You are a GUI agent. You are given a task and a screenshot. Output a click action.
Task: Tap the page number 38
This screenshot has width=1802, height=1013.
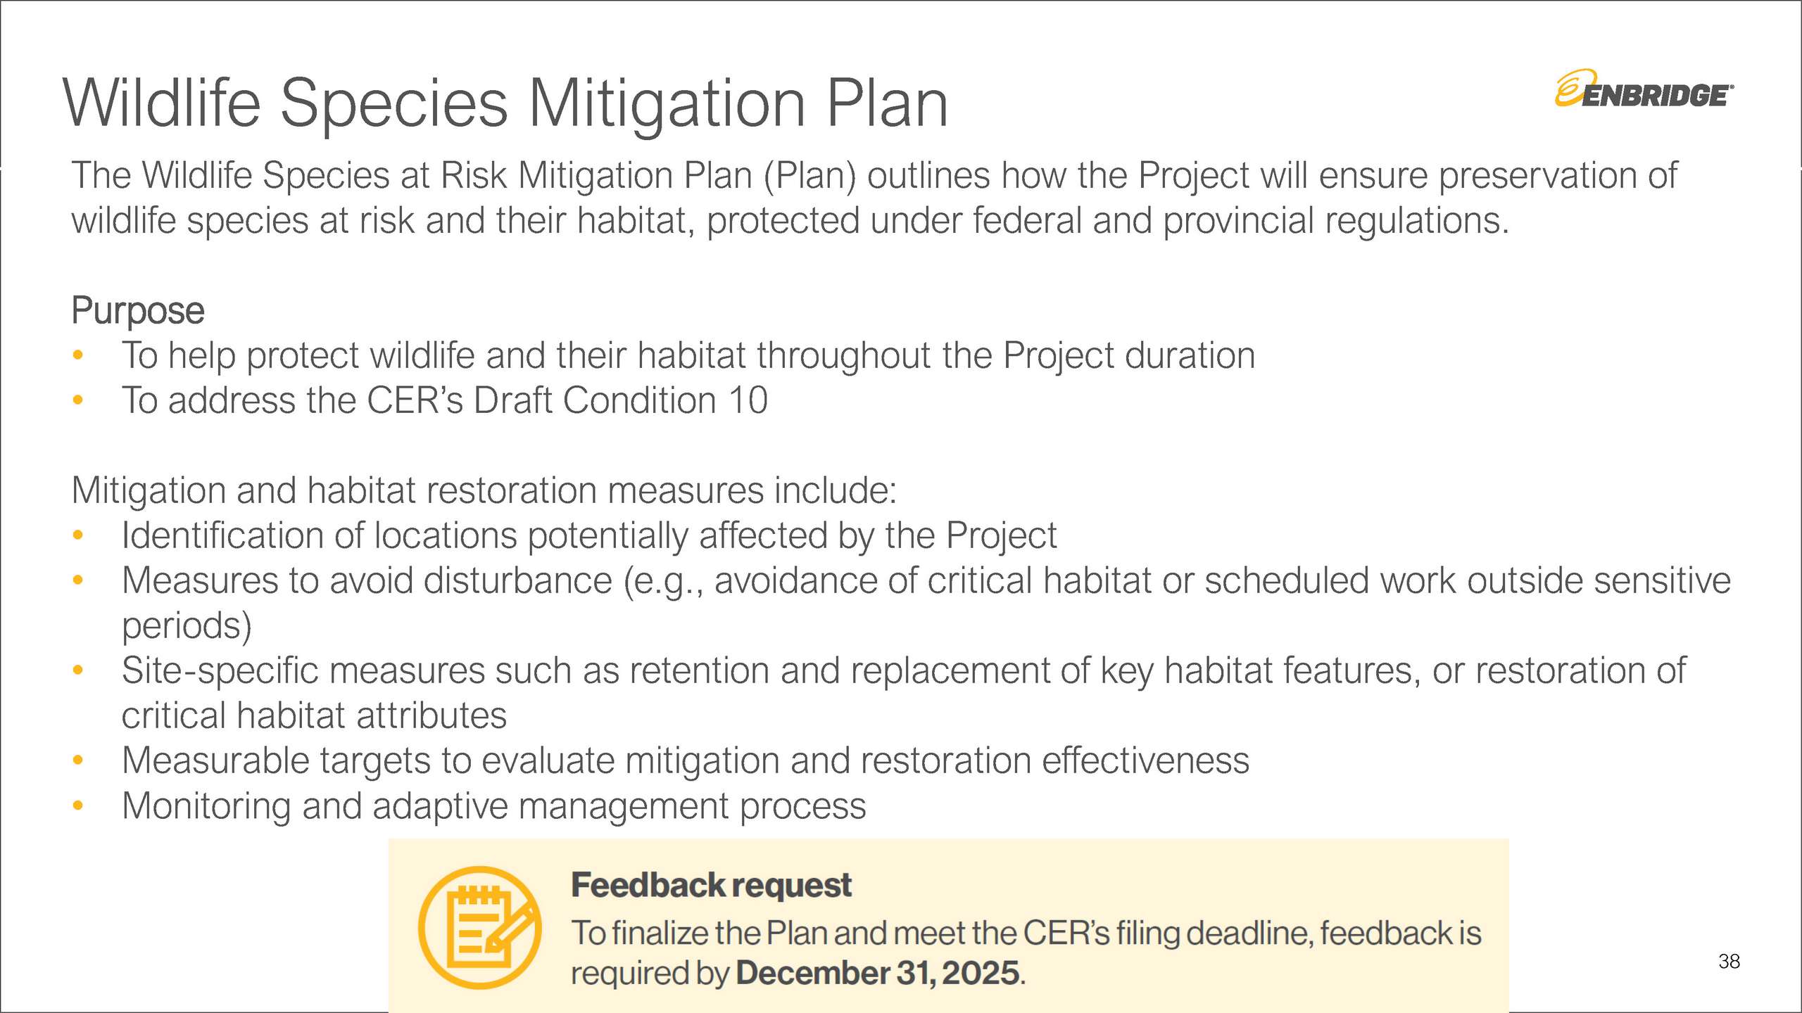[1729, 961]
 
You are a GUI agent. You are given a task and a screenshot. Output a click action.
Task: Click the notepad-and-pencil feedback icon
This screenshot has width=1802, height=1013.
[480, 927]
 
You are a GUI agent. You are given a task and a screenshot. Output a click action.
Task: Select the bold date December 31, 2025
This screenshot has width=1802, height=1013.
[878, 974]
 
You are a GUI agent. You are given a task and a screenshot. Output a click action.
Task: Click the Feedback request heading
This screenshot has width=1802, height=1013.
[711, 885]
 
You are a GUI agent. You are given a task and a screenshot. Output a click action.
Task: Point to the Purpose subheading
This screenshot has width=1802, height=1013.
[138, 311]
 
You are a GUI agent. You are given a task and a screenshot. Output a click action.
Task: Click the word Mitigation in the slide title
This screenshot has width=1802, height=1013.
[667, 103]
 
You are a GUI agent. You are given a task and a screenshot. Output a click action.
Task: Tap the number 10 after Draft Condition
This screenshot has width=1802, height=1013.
[748, 400]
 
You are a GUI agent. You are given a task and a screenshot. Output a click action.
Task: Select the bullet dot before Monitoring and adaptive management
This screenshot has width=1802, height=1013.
[78, 805]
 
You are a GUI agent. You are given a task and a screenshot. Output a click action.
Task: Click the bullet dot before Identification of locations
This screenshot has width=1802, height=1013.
[78, 535]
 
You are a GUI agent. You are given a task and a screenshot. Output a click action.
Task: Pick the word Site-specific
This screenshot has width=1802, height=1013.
[220, 670]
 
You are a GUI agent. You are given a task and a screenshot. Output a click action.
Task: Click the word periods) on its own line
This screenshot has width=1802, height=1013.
[187, 625]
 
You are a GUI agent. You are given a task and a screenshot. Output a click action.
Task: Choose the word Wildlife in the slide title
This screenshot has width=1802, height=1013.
[162, 103]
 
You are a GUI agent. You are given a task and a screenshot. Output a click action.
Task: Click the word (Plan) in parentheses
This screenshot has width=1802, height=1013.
[810, 176]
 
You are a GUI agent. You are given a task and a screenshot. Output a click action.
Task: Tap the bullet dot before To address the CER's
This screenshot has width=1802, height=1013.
[78, 400]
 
